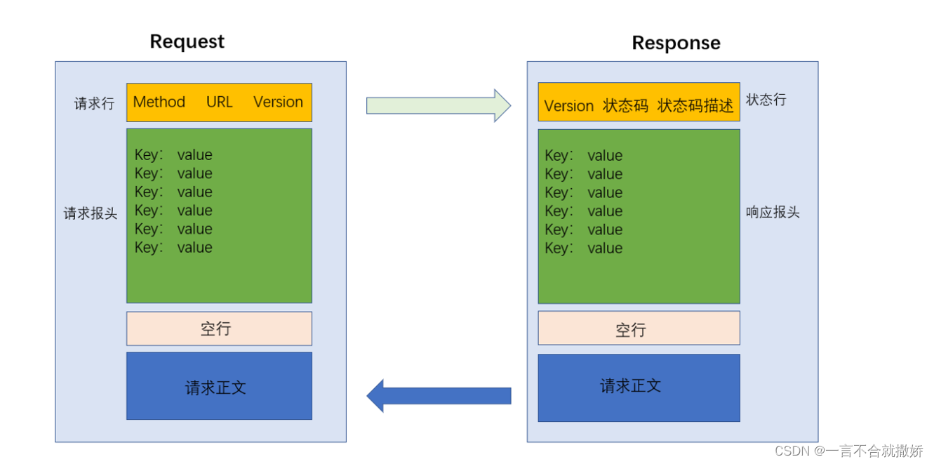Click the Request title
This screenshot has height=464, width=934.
187,41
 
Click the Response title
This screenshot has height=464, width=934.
676,43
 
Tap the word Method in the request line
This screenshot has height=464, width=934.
159,102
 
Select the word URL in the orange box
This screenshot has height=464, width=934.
220,102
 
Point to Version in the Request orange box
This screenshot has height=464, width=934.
278,102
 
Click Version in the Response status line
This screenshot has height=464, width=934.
568,106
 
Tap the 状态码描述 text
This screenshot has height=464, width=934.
695,105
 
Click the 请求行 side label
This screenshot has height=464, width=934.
94,103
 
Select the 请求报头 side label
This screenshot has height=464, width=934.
90,213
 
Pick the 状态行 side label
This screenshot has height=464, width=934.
766,100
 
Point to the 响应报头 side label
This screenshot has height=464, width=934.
773,213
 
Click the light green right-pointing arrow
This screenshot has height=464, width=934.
439,105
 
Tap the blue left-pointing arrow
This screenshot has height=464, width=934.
439,396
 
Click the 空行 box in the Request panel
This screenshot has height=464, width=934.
220,329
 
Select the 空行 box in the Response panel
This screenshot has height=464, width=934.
639,328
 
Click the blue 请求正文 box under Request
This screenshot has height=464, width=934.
220,386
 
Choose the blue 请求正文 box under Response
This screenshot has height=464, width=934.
639,387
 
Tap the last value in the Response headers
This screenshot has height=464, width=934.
605,248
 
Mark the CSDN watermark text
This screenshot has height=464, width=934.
848,451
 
